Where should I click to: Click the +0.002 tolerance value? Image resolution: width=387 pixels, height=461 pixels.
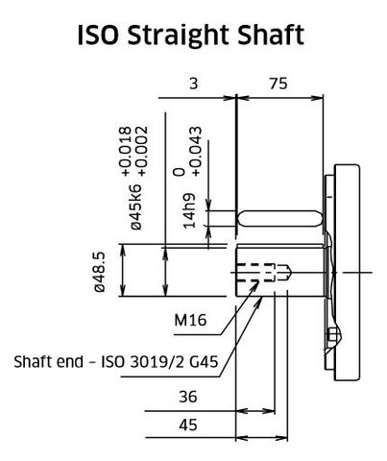coord(141,149)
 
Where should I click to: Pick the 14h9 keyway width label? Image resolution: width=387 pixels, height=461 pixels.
coord(190,213)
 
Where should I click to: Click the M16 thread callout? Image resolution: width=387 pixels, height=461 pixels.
coord(189,319)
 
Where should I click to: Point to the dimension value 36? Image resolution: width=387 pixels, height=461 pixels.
coord(188,397)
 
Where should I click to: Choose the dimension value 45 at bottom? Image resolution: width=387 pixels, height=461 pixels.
coord(188,425)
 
